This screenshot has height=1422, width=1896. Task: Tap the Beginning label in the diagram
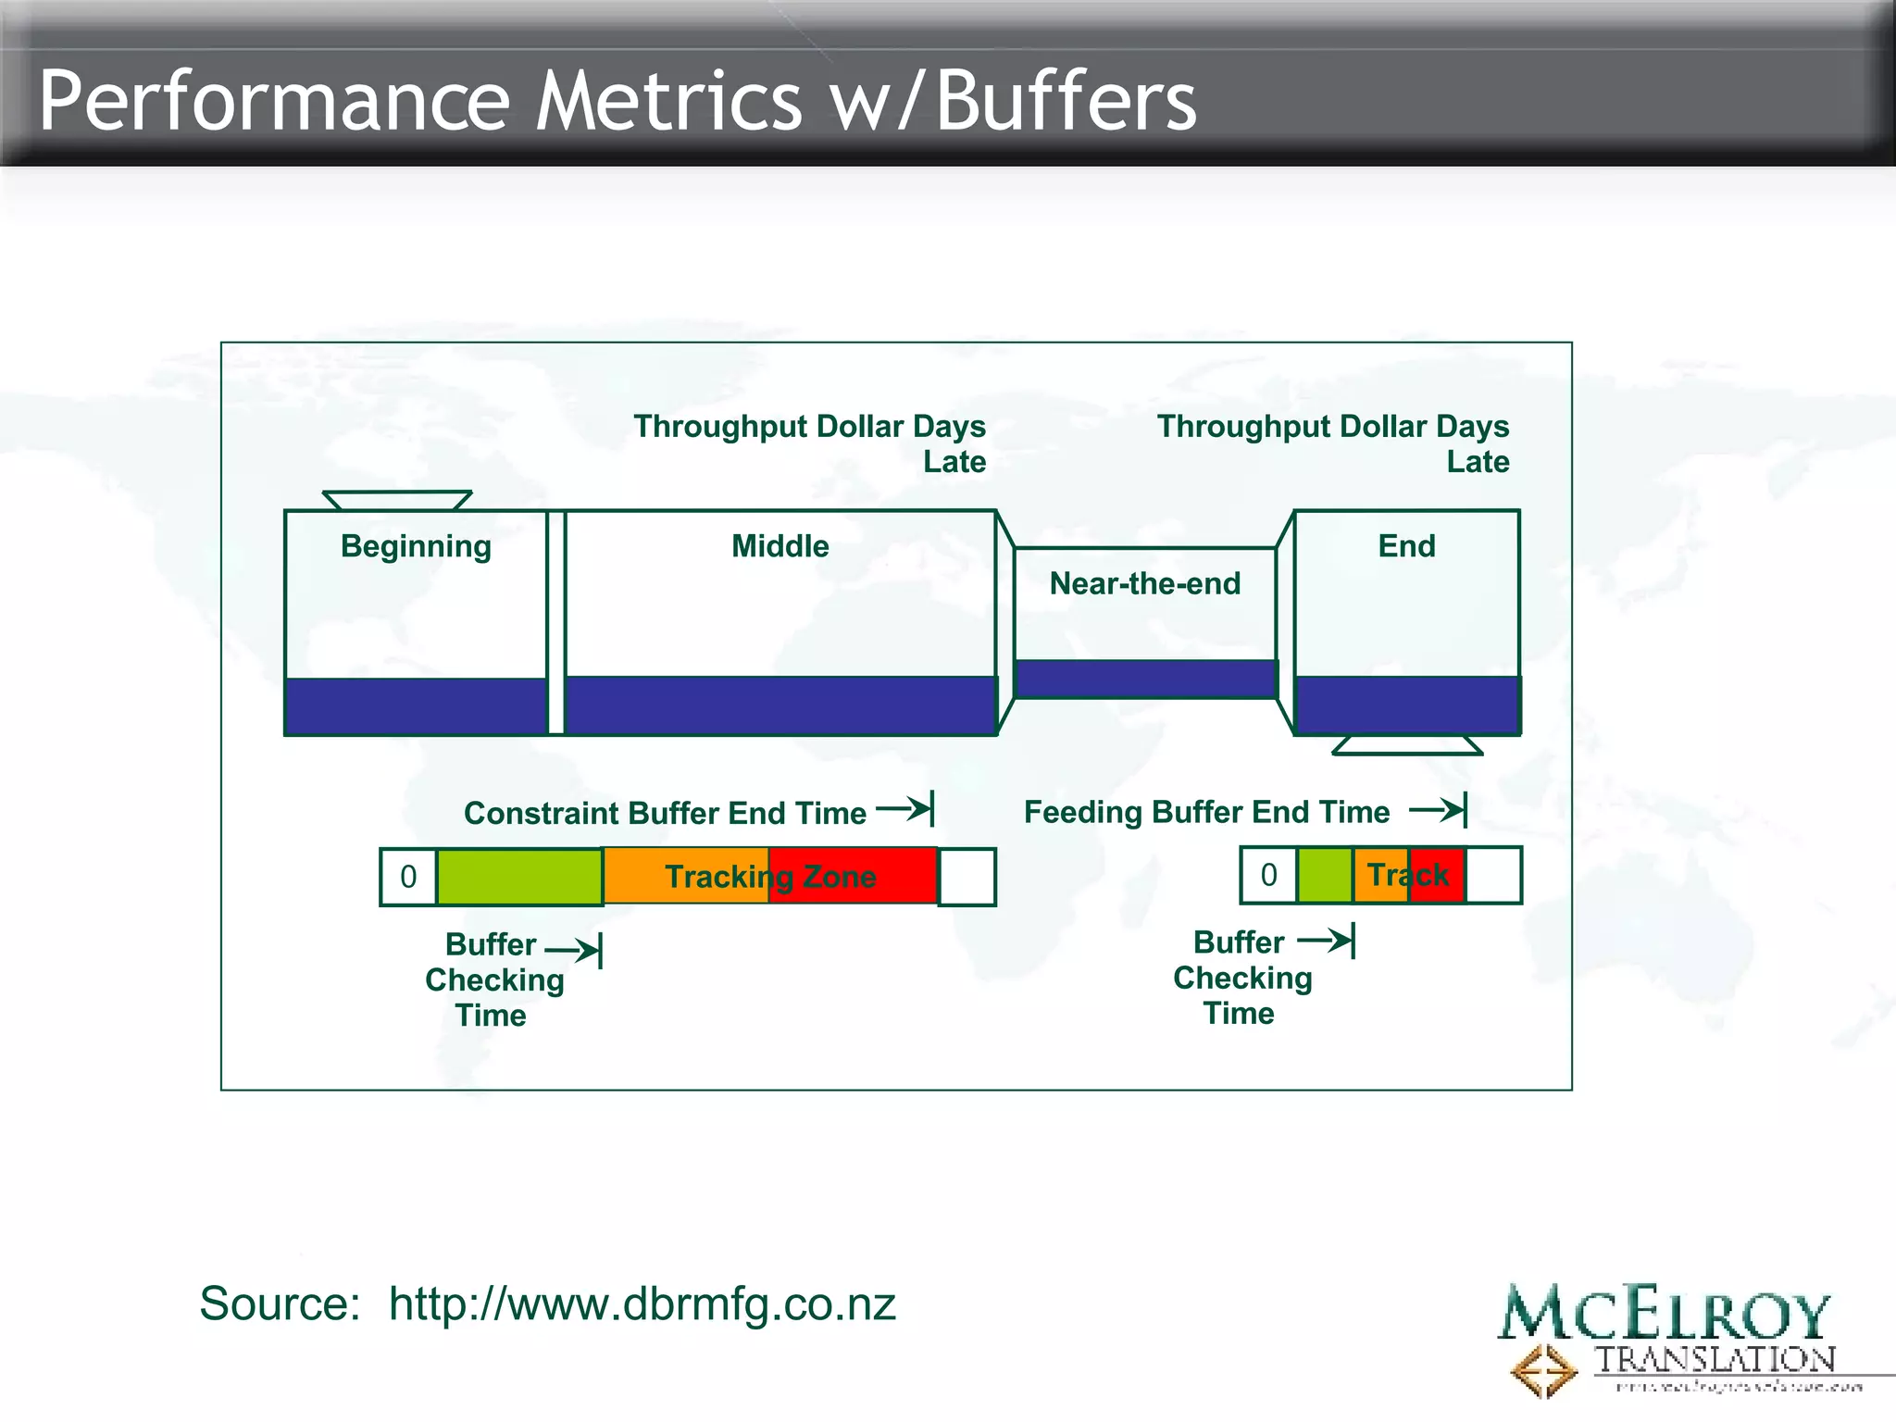click(x=416, y=546)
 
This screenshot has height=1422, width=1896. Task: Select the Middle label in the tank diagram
click(x=780, y=546)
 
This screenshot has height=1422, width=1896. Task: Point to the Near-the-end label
click(x=1144, y=583)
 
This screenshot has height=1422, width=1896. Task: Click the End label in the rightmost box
click(x=1406, y=546)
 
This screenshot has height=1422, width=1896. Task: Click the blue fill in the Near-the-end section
click(x=1145, y=679)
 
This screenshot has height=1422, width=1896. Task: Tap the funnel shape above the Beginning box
click(x=397, y=501)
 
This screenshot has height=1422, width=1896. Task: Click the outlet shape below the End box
click(x=1407, y=745)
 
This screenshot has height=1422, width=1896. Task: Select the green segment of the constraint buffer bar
click(x=519, y=877)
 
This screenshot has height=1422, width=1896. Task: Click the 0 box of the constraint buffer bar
click(x=408, y=877)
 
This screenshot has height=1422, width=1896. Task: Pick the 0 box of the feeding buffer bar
click(x=1269, y=875)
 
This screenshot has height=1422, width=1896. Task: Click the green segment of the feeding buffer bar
click(x=1325, y=875)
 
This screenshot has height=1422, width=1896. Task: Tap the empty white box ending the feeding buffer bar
click(x=1493, y=875)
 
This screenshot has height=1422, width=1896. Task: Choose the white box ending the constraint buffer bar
click(x=967, y=877)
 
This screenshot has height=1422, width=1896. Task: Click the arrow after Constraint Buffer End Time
click(x=905, y=808)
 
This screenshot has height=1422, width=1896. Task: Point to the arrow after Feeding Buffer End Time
click(x=1439, y=810)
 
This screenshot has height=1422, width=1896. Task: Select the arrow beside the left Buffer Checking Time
click(x=574, y=950)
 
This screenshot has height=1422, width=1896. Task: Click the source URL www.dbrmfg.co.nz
click(x=642, y=1303)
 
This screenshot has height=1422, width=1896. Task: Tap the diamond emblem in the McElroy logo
click(x=1543, y=1370)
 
